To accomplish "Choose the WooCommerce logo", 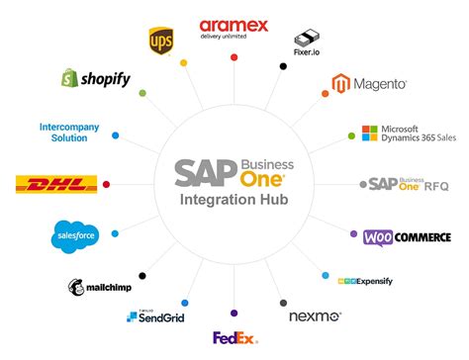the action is pyautogui.click(x=407, y=236).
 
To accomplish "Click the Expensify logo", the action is pyautogui.click(x=365, y=282).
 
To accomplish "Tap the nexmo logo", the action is pyautogui.click(x=315, y=317).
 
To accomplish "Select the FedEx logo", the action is pyautogui.click(x=234, y=338).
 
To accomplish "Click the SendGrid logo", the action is pyautogui.click(x=156, y=316).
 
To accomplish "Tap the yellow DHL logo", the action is pyautogui.click(x=56, y=184).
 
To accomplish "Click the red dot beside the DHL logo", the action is pyautogui.click(x=106, y=184).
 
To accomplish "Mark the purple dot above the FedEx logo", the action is pyautogui.click(x=234, y=312).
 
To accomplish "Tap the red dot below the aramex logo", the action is pyautogui.click(x=234, y=58).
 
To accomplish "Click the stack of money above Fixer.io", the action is pyautogui.click(x=306, y=36).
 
